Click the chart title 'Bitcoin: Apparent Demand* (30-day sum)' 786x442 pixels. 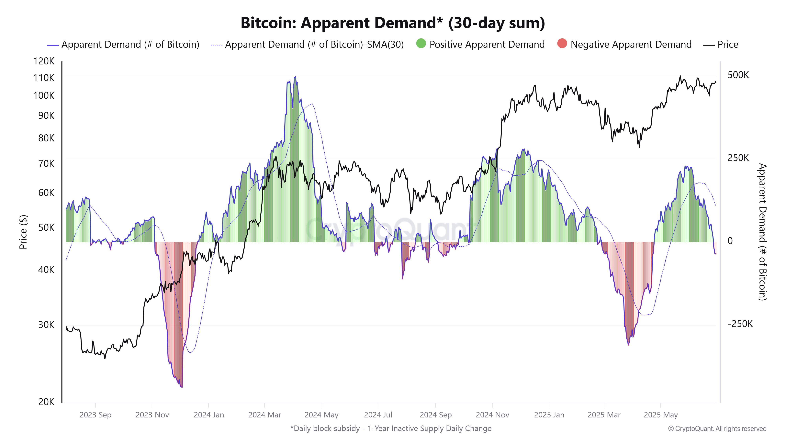coord(393,23)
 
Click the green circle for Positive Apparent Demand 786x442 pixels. coord(421,44)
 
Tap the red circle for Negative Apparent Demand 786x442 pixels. coord(562,44)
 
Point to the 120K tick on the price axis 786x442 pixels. coord(44,61)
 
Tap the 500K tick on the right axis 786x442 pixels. coord(738,75)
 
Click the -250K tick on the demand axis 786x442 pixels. coord(740,324)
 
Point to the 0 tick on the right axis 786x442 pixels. coord(730,241)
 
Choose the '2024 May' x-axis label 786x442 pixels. coord(321,415)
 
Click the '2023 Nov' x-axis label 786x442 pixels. coord(152,415)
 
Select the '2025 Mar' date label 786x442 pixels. coord(604,415)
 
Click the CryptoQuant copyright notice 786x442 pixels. coord(717,429)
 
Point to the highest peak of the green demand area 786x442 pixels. coord(295,77)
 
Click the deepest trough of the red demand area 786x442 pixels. coord(182,387)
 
